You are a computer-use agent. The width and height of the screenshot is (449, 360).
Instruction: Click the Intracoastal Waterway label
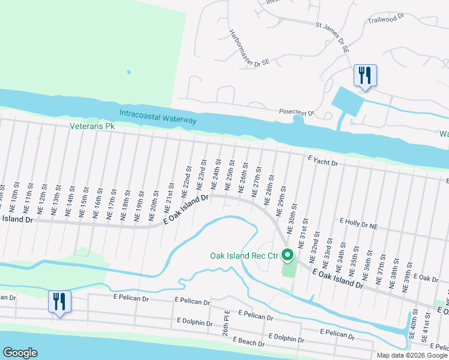point(158,117)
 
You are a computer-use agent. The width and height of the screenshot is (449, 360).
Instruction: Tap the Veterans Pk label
point(92,127)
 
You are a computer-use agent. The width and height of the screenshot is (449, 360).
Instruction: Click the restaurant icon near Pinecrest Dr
point(365,76)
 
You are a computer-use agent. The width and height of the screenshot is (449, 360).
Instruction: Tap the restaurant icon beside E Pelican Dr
point(59,301)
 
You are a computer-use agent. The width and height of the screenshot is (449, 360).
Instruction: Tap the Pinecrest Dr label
point(297,112)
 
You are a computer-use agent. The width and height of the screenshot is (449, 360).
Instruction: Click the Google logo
point(20,353)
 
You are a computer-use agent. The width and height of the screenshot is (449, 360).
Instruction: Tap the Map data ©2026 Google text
point(412,355)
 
